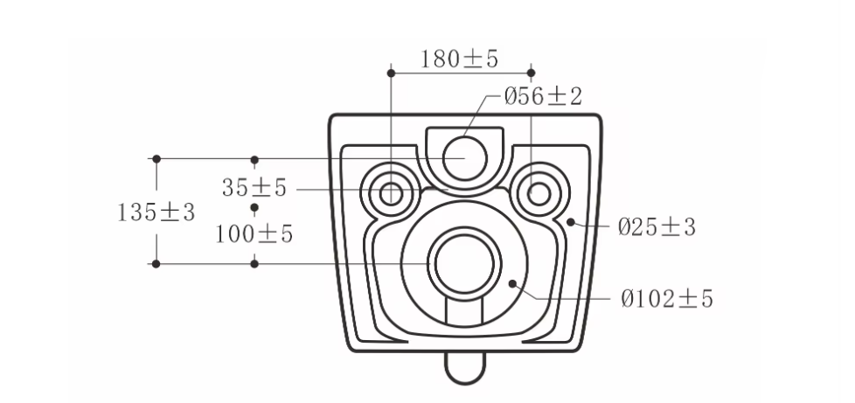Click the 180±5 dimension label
coord(459,59)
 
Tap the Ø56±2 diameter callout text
coord(543,96)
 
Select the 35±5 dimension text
coord(254,188)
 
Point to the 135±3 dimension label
coord(156,212)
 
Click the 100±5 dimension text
coord(254,234)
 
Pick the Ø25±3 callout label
coord(657,227)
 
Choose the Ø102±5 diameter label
coord(667,299)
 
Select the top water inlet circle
coord(464,158)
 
